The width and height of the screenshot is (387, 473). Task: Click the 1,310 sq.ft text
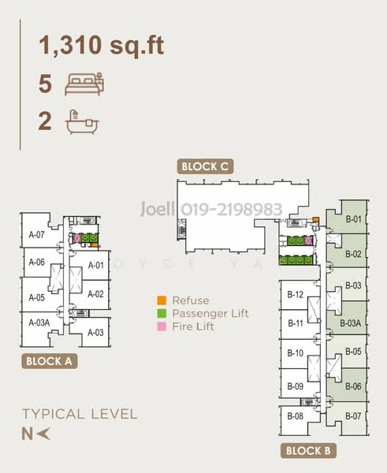[102, 45]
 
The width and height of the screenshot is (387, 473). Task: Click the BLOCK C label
[205, 166]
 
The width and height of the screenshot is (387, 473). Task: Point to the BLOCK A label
[49, 363]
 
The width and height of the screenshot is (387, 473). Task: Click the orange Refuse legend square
[162, 300]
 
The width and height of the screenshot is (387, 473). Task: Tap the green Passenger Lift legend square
[162, 313]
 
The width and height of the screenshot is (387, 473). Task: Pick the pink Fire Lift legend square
[162, 326]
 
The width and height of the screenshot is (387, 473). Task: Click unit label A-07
[36, 234]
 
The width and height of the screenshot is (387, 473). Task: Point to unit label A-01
[96, 265]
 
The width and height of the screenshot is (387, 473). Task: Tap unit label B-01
[354, 219]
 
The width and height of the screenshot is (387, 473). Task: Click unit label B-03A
[352, 323]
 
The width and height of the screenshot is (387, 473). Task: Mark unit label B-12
[296, 295]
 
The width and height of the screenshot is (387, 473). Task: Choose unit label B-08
[296, 415]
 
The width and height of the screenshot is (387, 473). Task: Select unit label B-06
[353, 386]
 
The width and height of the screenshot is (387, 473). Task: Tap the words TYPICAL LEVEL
[80, 414]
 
